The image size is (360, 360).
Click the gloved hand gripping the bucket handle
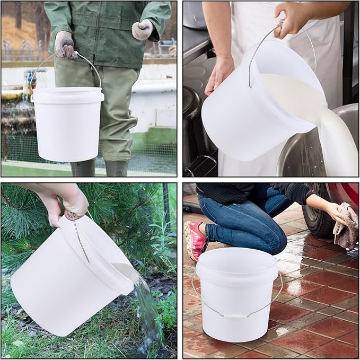point(65,45)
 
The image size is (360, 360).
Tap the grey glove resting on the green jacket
point(142,29)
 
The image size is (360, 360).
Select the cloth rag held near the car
point(347,225)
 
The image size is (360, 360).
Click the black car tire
point(318,217)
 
